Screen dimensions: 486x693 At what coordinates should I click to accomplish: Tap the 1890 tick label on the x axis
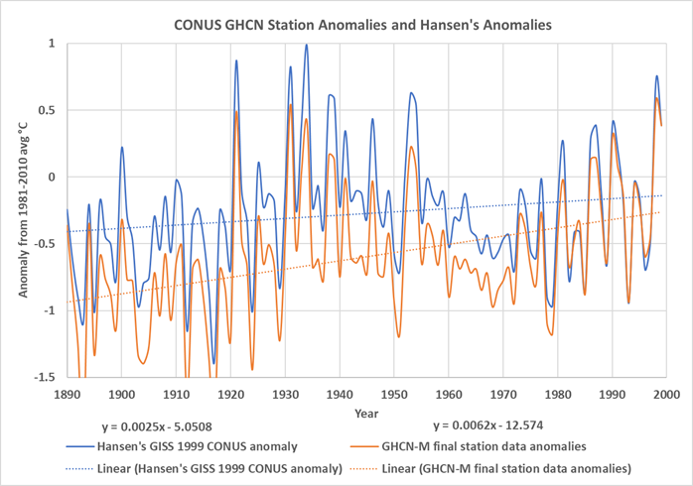68,394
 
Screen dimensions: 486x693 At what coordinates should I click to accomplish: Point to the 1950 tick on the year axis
393,394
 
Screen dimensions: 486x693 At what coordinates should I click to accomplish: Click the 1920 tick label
230,394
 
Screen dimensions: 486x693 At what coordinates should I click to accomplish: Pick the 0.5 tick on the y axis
46,110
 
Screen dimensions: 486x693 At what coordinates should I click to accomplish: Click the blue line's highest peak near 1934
307,45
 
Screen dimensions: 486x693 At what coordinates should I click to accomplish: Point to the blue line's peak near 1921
236,61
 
